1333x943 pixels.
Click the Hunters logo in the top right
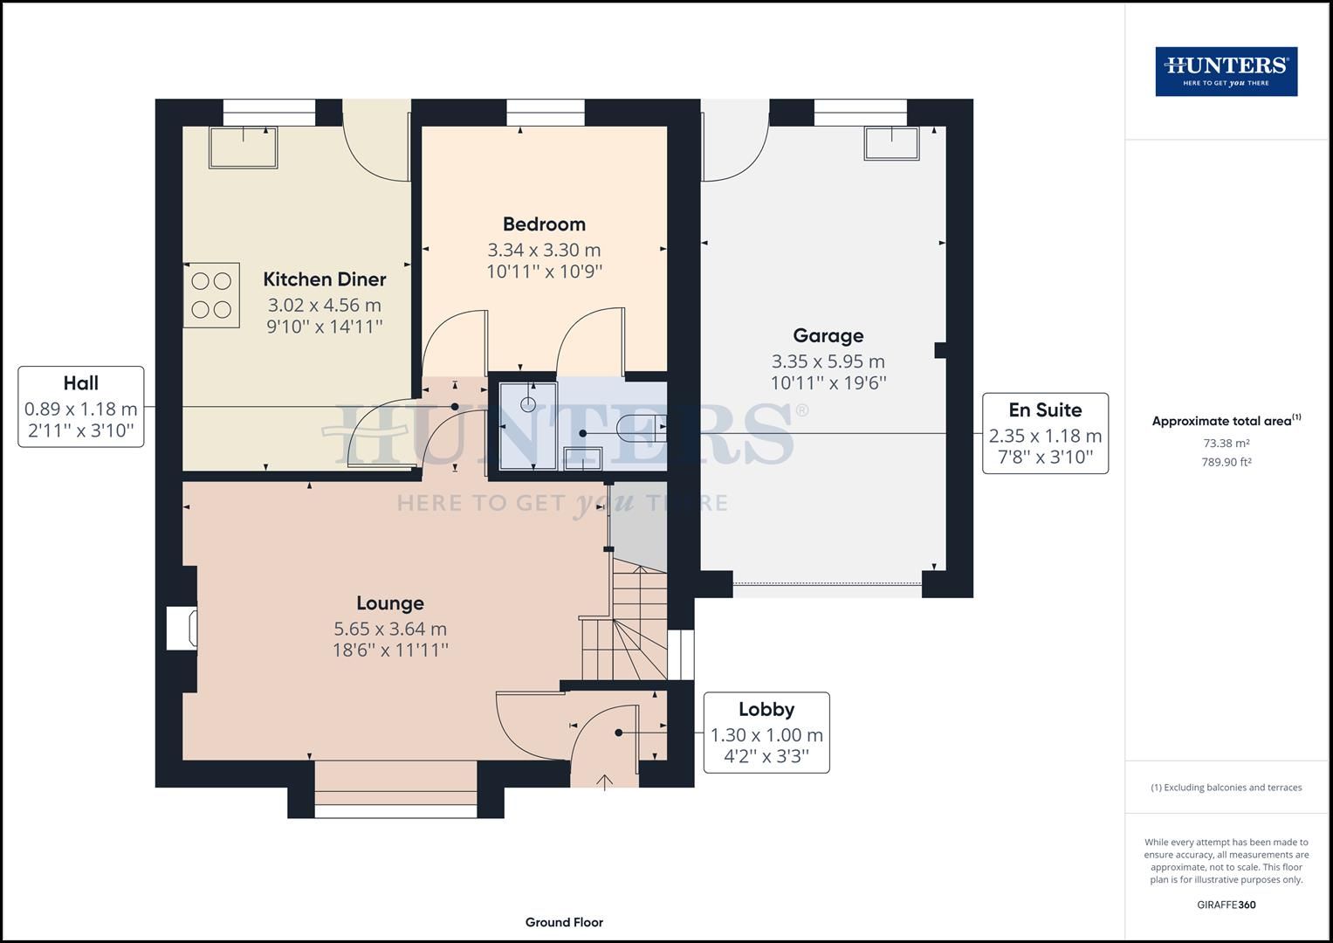coord(1226,71)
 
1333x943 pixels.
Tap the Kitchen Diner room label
coord(325,279)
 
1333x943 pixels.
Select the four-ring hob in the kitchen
coord(211,295)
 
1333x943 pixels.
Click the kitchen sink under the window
coord(243,147)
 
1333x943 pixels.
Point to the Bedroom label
coord(544,224)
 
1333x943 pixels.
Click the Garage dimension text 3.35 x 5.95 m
coord(828,361)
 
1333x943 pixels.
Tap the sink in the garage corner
coord(891,143)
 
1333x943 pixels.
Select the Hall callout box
coord(81,407)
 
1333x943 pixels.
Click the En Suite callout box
coord(1045,433)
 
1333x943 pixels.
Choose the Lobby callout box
coord(766,733)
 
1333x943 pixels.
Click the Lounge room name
coord(390,603)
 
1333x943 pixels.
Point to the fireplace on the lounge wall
coord(182,629)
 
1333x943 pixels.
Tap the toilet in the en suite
coord(639,428)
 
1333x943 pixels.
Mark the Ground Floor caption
coord(564,922)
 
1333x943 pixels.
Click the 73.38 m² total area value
coord(1226,443)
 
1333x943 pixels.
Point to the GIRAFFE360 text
coord(1226,905)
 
